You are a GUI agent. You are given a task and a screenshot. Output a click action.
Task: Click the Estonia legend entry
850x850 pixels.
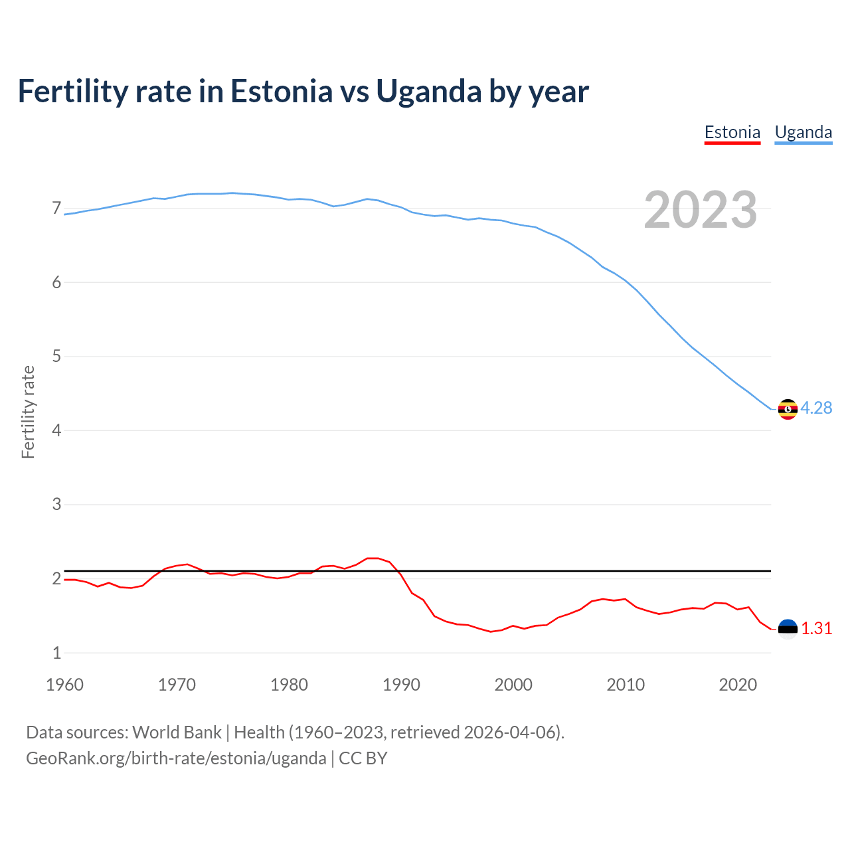pos(732,132)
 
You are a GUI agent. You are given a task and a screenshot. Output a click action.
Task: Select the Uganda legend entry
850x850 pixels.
pos(803,132)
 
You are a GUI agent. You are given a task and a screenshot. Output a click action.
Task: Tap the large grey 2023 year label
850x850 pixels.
pos(700,210)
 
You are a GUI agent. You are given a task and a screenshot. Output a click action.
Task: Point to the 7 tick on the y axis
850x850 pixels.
pos(56,209)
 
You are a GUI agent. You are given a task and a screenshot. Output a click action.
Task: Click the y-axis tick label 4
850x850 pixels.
pos(56,430)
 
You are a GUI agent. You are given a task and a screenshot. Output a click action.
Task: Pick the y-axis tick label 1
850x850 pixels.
pos(56,653)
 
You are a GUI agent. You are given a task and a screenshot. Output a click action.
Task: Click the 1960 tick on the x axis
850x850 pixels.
pos(64,685)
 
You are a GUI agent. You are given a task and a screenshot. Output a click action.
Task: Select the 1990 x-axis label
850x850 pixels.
pos(401,685)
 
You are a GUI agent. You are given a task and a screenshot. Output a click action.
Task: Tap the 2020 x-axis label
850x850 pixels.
pos(738,685)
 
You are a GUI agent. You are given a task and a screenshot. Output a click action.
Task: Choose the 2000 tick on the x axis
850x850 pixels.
pos(513,685)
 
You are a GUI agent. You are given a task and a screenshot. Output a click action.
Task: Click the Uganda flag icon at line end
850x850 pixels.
pos(788,409)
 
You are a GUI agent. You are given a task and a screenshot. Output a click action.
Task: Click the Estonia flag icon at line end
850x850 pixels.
pos(788,629)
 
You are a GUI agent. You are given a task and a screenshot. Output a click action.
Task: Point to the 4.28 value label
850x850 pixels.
pos(816,408)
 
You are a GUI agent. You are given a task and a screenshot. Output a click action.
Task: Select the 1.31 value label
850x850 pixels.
pos(816,628)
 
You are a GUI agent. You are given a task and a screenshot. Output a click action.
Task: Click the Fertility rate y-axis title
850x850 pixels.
pos(28,412)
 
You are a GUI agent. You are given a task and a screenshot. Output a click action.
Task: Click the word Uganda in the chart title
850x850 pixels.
pos(429,92)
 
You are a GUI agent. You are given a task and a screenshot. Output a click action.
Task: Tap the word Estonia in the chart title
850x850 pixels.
pos(281,92)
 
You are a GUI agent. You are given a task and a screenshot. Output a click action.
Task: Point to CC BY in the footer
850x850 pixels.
pos(363,758)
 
